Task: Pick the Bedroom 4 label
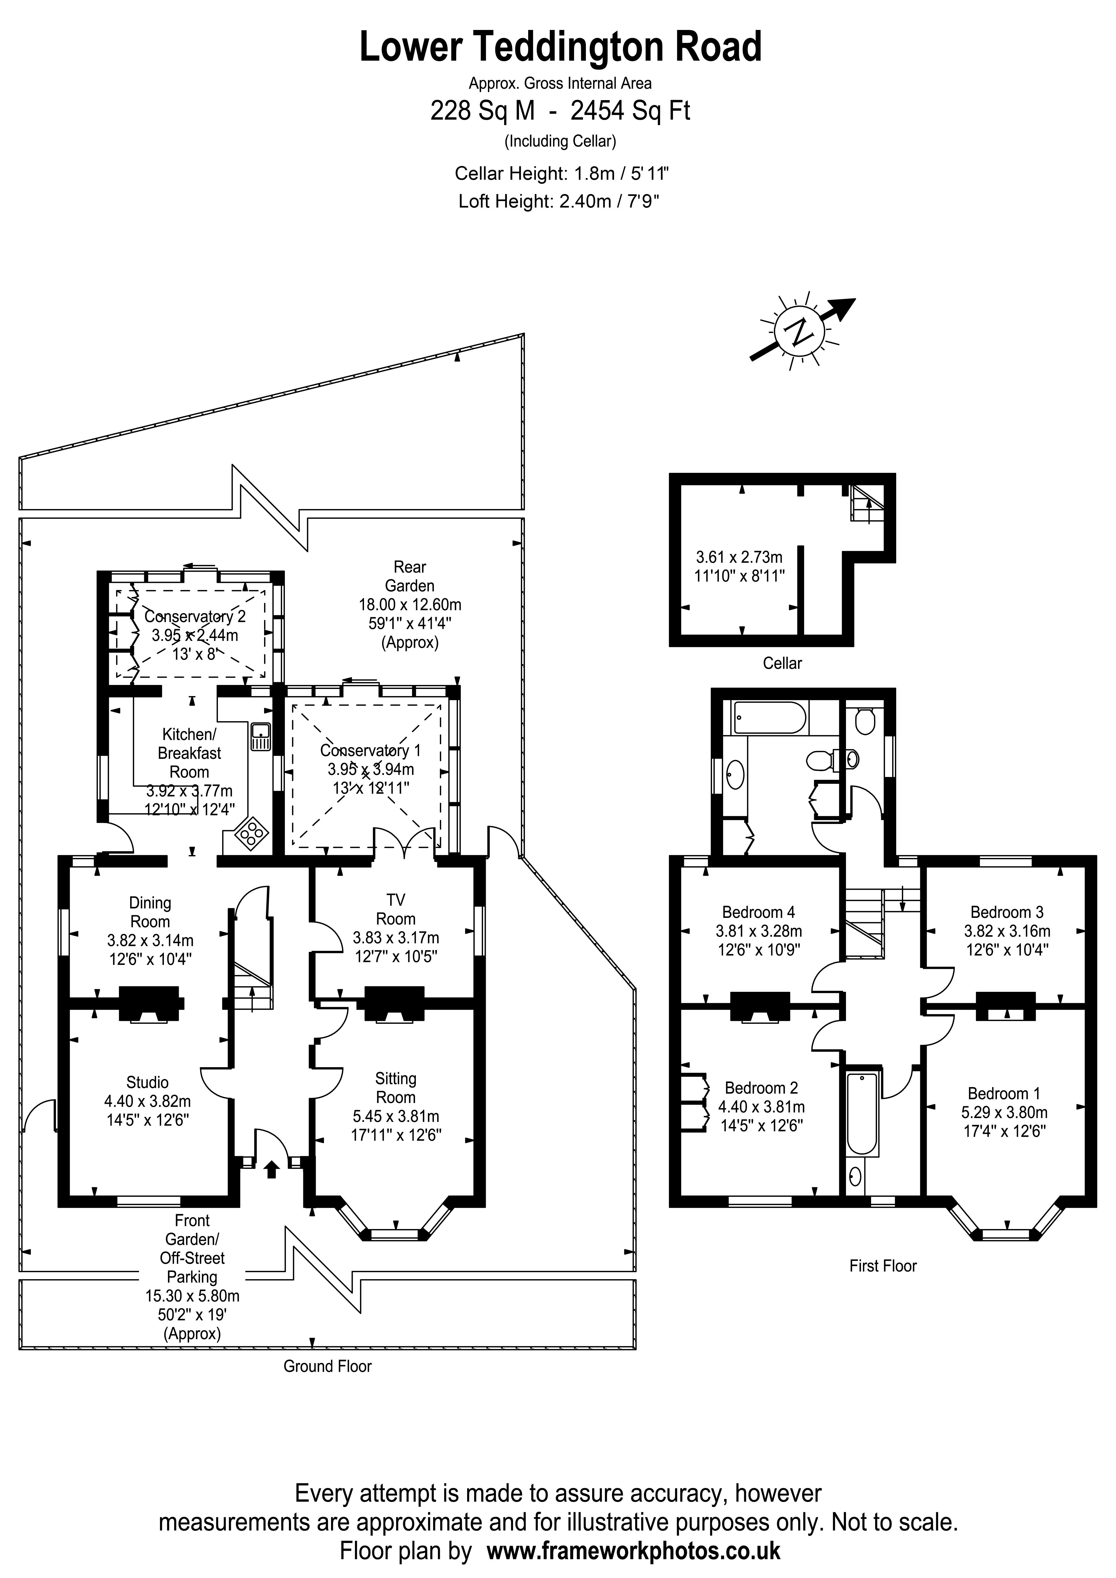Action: pos(758,912)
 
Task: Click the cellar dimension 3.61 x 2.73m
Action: pos(739,557)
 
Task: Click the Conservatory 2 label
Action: pos(195,616)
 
